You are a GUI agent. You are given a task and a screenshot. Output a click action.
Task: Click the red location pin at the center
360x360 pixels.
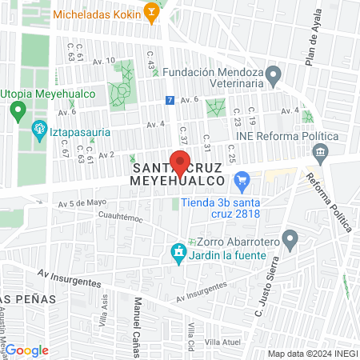(x=181, y=160)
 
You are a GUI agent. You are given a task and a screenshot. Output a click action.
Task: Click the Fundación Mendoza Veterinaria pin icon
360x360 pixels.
(x=274, y=78)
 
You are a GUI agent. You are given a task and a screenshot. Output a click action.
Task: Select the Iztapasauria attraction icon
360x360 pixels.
(x=38, y=128)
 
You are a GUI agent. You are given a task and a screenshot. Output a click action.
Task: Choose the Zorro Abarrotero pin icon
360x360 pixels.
(x=290, y=238)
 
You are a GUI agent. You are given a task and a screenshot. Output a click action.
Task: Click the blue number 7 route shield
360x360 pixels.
(x=169, y=101)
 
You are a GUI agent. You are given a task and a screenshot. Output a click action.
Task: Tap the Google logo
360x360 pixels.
(x=26, y=350)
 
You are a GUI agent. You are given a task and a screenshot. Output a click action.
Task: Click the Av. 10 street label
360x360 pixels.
(x=106, y=61)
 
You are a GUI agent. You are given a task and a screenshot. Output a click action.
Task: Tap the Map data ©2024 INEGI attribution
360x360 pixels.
(x=311, y=354)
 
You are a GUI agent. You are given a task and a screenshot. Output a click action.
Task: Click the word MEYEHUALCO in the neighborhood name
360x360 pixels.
(x=181, y=182)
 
